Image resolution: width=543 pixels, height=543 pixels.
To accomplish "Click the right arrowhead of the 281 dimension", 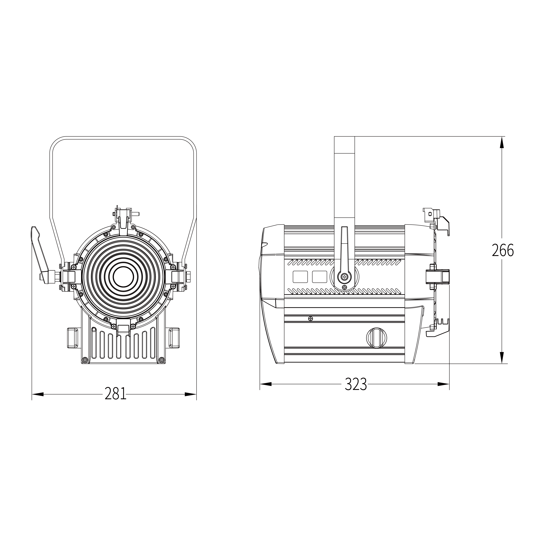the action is pyautogui.click(x=190, y=394).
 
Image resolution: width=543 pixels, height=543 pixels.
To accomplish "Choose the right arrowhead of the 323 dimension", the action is pyautogui.click(x=444, y=384).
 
